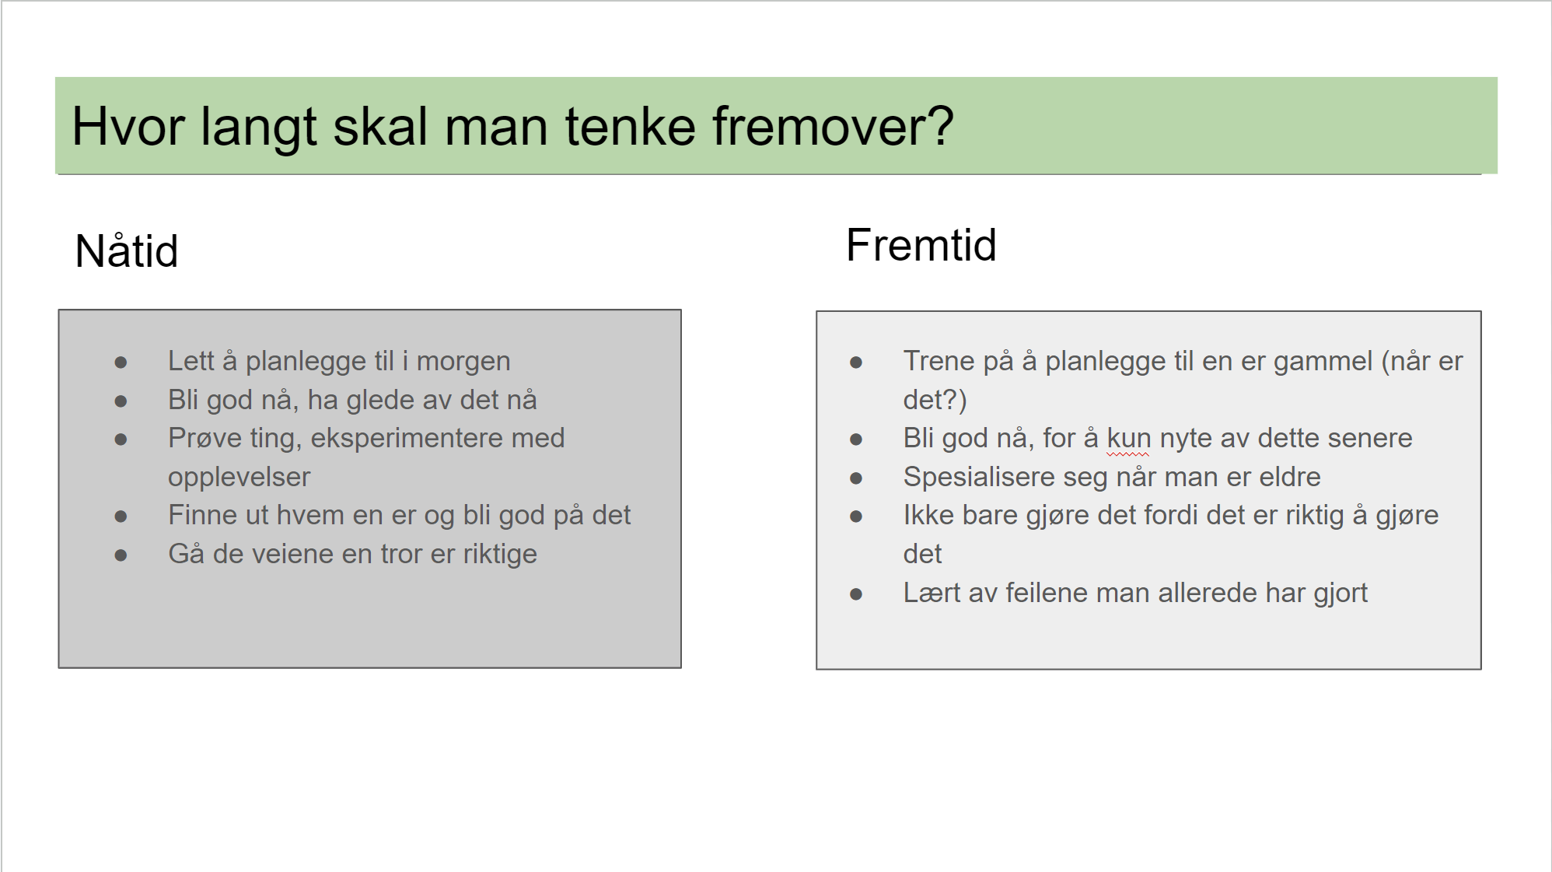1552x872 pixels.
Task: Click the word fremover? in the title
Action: pyautogui.click(x=833, y=126)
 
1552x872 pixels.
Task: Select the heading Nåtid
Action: pyautogui.click(x=127, y=250)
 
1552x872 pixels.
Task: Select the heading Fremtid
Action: pyautogui.click(x=921, y=245)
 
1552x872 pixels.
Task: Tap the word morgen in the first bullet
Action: pyautogui.click(x=463, y=362)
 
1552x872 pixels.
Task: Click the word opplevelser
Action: pyautogui.click(x=239, y=477)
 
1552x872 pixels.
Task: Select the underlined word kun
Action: pyautogui.click(x=1128, y=438)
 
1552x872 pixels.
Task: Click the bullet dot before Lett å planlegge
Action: pyautogui.click(x=121, y=362)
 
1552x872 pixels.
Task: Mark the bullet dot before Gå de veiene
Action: pyautogui.click(x=121, y=555)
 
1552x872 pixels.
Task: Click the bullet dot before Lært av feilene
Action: pyautogui.click(x=856, y=594)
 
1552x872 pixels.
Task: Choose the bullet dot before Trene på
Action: pyautogui.click(x=856, y=362)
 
